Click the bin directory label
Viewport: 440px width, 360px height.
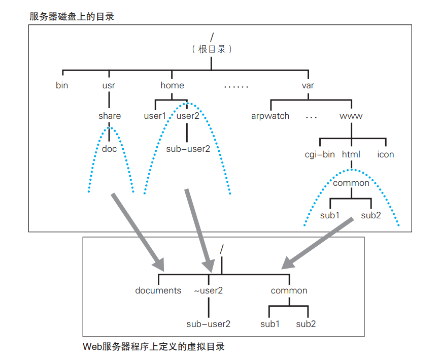point(62,85)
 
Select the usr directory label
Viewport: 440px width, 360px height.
point(109,85)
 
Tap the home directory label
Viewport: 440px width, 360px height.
point(172,85)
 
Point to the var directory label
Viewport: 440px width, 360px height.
point(308,85)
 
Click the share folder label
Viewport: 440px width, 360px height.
point(110,116)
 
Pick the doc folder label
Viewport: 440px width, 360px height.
point(109,149)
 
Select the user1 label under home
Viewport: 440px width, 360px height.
point(155,116)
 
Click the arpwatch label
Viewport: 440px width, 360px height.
point(270,116)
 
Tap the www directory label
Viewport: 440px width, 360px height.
point(351,116)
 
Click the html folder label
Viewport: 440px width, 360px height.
point(351,154)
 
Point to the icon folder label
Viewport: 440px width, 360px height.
point(385,154)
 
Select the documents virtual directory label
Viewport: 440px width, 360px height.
point(158,291)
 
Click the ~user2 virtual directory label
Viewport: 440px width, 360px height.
point(208,291)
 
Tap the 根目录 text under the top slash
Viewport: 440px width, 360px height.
point(212,50)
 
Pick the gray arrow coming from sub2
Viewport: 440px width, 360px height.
point(317,242)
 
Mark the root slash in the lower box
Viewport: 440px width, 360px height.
point(222,249)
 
